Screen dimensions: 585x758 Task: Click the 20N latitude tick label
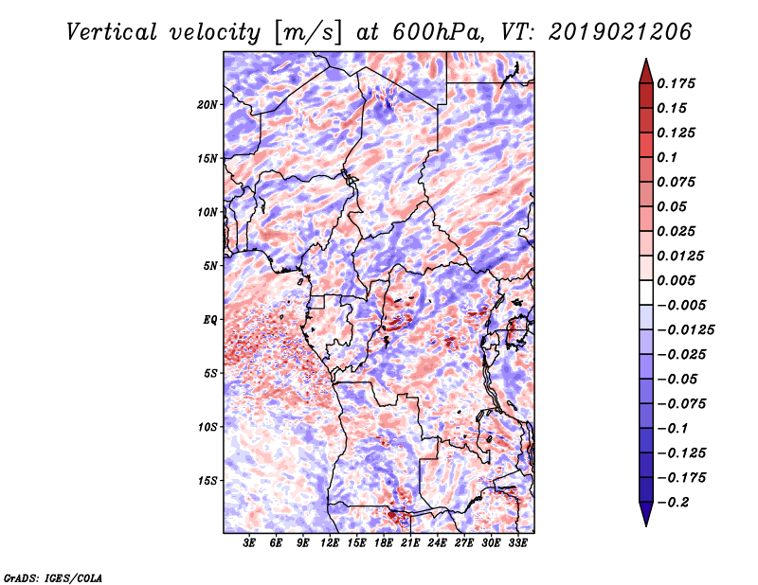point(208,104)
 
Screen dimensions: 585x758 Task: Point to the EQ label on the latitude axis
point(210,320)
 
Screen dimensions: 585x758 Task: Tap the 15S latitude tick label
point(208,481)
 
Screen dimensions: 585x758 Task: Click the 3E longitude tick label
point(250,543)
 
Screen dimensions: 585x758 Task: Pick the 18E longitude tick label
point(384,543)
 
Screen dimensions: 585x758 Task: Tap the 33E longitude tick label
point(518,543)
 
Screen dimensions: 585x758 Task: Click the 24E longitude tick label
point(438,543)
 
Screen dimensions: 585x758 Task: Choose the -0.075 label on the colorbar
point(685,403)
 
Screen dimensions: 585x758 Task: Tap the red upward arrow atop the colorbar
point(645,68)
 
